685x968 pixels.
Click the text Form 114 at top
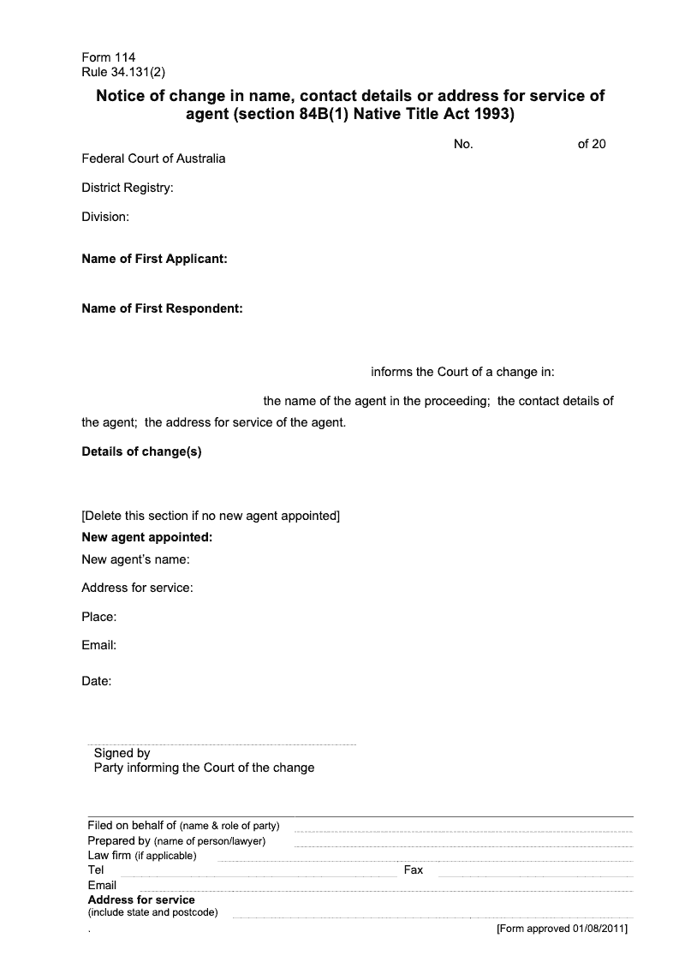point(108,58)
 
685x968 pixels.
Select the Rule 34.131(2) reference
point(128,72)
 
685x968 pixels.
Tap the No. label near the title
point(463,144)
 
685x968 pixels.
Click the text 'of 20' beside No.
point(592,144)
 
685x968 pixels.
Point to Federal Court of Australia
point(153,158)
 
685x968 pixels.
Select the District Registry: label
point(128,188)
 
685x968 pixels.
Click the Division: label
point(105,217)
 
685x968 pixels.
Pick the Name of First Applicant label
point(154,259)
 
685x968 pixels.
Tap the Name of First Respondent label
point(162,308)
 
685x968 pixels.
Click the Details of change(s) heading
point(141,451)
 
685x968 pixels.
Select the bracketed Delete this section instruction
point(211,516)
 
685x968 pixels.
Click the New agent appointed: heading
point(146,538)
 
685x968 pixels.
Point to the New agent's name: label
point(135,560)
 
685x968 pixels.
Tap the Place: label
point(99,617)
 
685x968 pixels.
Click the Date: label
point(97,682)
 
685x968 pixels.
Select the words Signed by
point(122,753)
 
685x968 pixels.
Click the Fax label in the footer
point(414,869)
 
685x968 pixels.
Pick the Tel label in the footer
point(96,869)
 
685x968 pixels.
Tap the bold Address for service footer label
point(141,899)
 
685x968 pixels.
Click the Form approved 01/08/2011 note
point(563,929)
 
